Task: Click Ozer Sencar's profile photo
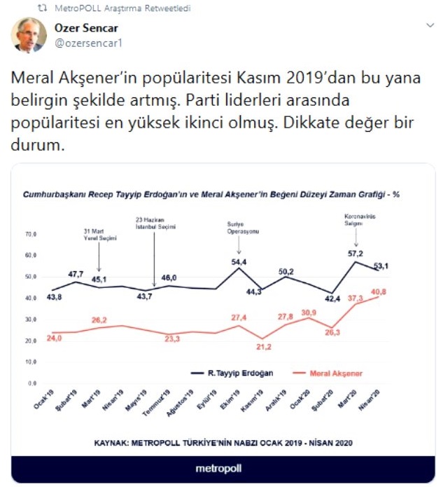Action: coord(28,36)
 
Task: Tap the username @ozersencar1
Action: coord(84,42)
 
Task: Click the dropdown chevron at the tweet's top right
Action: coord(429,25)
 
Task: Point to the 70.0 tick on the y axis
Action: coord(31,233)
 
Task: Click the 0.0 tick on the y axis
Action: coord(32,384)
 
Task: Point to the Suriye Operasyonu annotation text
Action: coord(238,227)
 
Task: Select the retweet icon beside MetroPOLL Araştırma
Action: coord(43,8)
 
